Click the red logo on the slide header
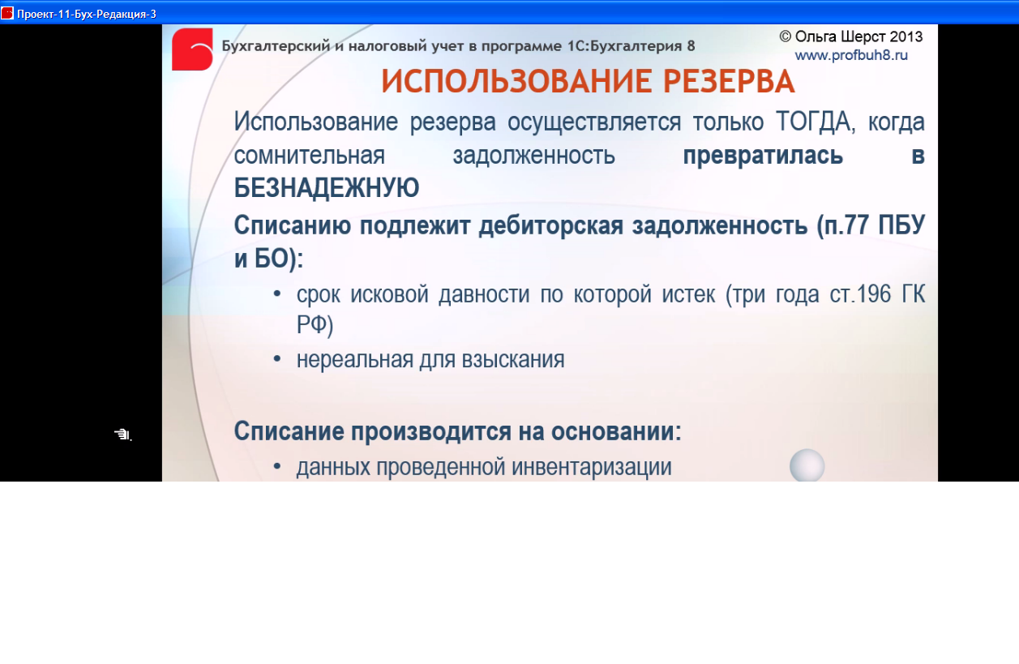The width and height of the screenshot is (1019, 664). point(192,49)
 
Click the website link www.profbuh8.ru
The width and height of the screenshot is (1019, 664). point(851,55)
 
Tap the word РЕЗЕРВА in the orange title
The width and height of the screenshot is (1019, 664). point(729,81)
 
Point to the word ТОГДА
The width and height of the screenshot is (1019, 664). point(816,122)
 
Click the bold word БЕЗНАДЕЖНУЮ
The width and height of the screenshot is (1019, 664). point(327,187)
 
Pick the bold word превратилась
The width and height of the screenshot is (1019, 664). point(763,155)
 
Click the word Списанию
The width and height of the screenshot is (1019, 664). point(293,225)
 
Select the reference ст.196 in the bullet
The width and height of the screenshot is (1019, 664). point(860,294)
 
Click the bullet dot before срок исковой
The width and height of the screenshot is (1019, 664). point(277,294)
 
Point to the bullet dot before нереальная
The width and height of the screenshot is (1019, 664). point(277,359)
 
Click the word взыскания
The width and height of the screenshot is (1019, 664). point(513,360)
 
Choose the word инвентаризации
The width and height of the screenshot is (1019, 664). point(592,467)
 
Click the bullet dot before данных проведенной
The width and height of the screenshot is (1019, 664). point(277,466)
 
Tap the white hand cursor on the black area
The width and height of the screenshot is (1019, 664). point(123,435)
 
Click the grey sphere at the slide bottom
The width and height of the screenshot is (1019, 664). point(807,465)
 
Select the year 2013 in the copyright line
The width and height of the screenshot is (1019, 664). point(906,36)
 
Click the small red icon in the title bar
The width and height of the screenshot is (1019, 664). point(6,13)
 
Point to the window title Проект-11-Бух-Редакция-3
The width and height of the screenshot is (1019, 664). point(87,14)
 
